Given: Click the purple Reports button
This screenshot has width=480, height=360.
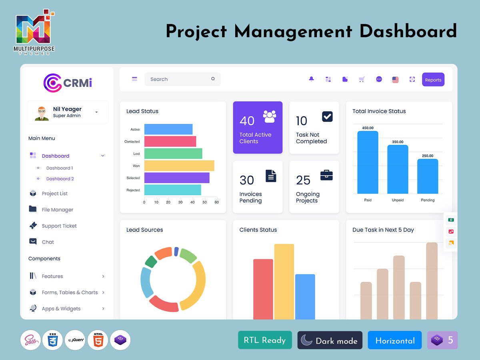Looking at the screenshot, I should (x=433, y=80).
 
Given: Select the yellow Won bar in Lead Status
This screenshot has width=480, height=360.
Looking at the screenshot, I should (x=179, y=166).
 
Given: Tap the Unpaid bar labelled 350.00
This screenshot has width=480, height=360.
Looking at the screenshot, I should (x=398, y=169).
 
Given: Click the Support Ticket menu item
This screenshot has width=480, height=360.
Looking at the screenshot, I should (x=59, y=226).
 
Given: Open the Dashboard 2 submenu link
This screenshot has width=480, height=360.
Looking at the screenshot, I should (x=60, y=179).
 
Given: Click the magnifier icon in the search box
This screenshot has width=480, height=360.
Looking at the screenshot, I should (x=213, y=79).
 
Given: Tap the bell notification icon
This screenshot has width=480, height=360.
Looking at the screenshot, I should (x=311, y=79).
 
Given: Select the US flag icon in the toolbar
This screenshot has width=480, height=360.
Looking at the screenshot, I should (x=395, y=80).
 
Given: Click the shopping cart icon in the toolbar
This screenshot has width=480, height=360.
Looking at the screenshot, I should (x=362, y=79).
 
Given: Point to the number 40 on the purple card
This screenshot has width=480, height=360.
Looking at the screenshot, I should (x=247, y=121).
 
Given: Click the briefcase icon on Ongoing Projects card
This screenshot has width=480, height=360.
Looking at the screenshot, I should (x=326, y=175).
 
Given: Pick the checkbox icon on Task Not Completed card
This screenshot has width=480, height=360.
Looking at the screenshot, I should (x=327, y=116).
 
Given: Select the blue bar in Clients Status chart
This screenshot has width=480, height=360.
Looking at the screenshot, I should (x=305, y=296).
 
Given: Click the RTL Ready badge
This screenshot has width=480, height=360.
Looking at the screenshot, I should (x=265, y=340).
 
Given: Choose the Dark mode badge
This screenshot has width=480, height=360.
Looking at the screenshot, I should (x=330, y=340).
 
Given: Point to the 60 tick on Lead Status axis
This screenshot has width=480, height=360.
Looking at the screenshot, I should (x=216, y=202).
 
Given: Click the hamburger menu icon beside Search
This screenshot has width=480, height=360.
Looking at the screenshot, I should (x=134, y=79).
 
